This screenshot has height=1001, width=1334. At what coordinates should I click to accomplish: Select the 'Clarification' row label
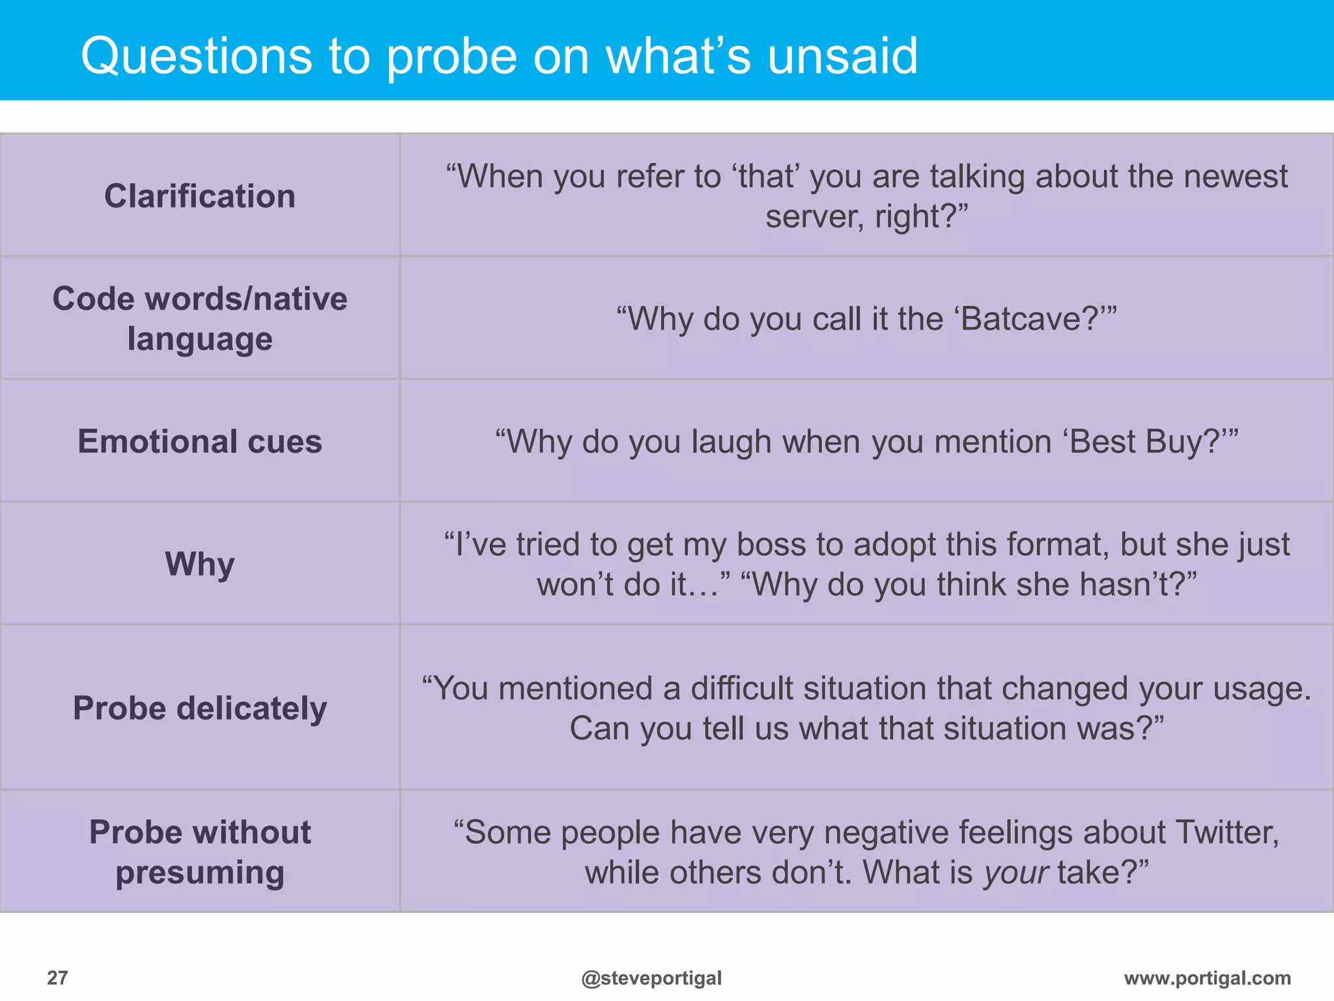point(200,196)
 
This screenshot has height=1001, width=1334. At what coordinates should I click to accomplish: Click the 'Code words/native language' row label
point(200,319)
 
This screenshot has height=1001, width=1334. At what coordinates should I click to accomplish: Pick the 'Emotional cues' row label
point(200,441)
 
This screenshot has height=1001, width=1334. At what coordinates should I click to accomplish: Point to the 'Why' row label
point(200,564)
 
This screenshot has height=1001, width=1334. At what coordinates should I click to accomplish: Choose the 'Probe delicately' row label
point(200,708)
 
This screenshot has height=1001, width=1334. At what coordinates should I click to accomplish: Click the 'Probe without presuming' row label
point(200,852)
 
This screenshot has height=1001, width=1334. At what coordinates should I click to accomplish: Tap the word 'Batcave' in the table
point(1030,319)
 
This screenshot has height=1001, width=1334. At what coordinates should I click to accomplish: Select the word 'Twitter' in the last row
point(1226,832)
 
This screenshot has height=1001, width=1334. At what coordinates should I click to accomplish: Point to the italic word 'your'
point(1016,873)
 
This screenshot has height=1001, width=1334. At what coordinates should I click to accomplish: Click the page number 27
point(57,978)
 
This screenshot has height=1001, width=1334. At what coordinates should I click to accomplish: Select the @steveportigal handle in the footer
point(651,978)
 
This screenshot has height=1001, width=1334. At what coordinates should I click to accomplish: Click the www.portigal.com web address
point(1207,978)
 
